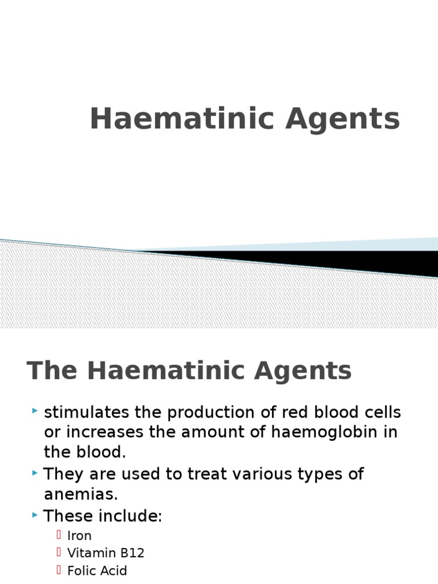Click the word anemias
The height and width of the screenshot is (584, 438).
pos(80,493)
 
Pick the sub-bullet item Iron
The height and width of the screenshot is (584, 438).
pos(79,536)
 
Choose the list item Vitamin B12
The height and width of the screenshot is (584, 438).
pos(106,553)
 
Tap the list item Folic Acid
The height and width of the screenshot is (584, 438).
pos(97,571)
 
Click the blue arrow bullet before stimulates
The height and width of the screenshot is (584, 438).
pos(35,411)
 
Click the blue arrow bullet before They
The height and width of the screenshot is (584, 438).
pos(35,472)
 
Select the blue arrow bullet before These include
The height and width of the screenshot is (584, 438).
pos(35,515)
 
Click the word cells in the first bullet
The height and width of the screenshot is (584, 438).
pos(383,412)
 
